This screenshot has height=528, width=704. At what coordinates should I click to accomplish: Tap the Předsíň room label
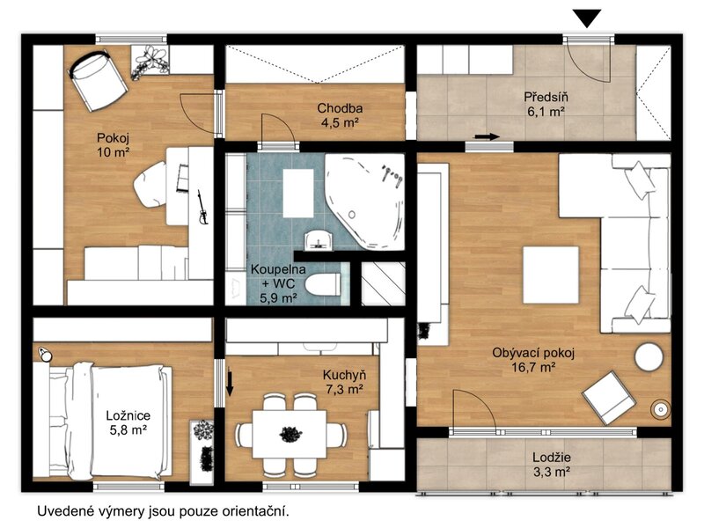point(546,97)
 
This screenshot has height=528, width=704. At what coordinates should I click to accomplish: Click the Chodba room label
point(340,108)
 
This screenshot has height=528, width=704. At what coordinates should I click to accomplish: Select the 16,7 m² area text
point(534,368)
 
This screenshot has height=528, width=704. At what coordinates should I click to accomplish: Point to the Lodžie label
point(552,458)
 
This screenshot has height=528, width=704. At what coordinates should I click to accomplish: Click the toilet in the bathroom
point(323,284)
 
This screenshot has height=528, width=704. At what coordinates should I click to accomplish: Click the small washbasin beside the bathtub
point(319,239)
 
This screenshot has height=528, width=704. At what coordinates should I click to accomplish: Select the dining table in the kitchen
point(290,434)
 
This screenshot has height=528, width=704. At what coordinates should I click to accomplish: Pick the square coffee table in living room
point(551,275)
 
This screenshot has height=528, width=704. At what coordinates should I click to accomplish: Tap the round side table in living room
point(649,357)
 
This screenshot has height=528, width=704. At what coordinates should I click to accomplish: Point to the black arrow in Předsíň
point(488,136)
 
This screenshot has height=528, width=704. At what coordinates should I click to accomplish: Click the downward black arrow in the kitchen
point(230,383)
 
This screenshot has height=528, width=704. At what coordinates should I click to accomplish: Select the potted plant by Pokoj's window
point(150,61)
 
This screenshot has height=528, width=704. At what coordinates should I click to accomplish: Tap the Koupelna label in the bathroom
point(278,269)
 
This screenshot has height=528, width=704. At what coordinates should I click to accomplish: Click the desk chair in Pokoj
point(150,184)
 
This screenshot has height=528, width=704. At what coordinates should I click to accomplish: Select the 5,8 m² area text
point(128,429)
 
